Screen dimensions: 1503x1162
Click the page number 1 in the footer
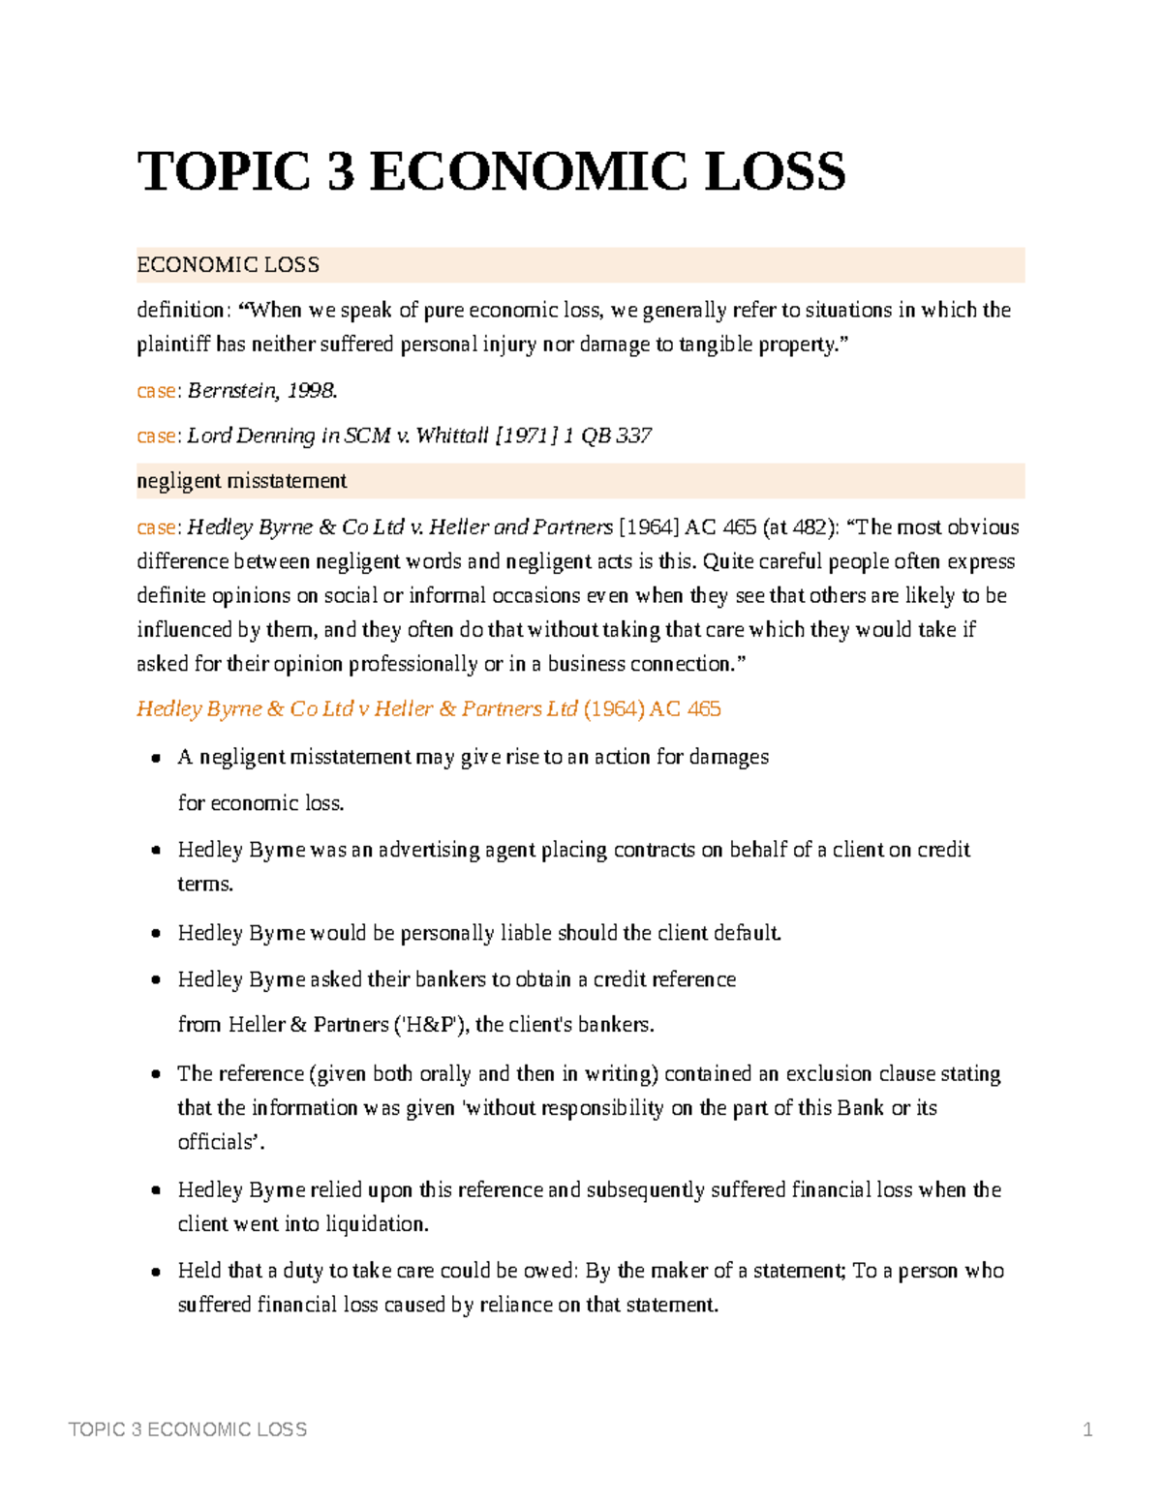(x=1087, y=1429)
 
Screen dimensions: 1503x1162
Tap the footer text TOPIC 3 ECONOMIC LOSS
(x=188, y=1429)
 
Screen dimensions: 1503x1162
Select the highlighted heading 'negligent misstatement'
(x=241, y=481)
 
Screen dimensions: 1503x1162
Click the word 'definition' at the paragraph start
(x=180, y=310)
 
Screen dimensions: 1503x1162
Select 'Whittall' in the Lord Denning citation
(x=452, y=436)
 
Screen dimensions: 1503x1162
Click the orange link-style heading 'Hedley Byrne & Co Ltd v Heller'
(x=356, y=709)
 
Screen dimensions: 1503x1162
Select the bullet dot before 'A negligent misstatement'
(x=155, y=759)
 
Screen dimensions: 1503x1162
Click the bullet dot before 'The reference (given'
(x=155, y=1075)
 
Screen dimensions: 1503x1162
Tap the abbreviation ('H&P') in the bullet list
(x=431, y=1025)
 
